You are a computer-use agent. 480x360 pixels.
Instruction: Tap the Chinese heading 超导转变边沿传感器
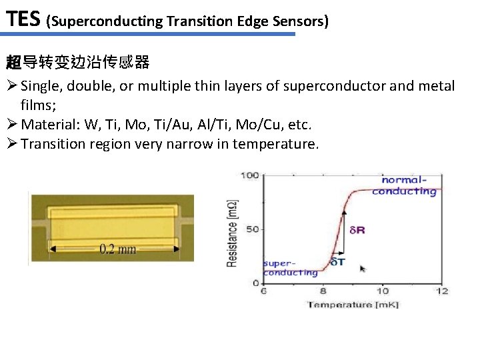(x=77, y=63)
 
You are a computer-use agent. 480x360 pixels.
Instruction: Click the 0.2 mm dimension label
(x=117, y=249)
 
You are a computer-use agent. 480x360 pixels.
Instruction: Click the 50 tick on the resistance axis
(x=253, y=229)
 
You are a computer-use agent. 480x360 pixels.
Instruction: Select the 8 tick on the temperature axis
(x=323, y=291)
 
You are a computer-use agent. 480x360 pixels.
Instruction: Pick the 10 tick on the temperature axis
(x=382, y=291)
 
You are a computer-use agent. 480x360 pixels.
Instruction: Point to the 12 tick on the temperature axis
(x=441, y=291)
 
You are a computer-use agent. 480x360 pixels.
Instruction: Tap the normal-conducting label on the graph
(x=405, y=185)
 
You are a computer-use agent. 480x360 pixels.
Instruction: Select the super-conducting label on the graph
(x=290, y=267)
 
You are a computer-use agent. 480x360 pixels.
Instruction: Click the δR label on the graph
(x=357, y=230)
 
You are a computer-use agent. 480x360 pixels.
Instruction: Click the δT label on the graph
(x=338, y=261)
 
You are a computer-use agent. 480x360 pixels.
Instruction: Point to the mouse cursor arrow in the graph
(x=363, y=269)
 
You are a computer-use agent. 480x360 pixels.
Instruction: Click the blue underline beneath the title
(x=147, y=34)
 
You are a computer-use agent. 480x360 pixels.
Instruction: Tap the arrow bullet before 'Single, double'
(x=11, y=86)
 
